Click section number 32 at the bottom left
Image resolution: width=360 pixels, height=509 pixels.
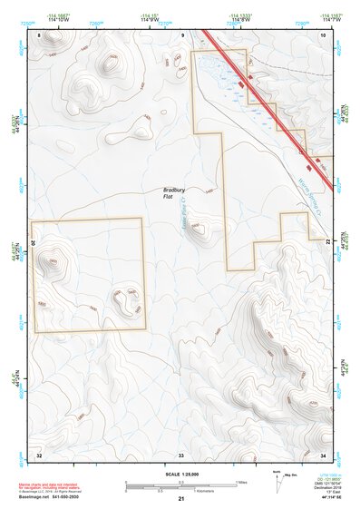point(39,453)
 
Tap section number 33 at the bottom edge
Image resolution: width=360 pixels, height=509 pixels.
point(181,453)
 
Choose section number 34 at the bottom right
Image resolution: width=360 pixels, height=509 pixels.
point(323,453)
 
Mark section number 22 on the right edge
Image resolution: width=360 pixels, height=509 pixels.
point(326,240)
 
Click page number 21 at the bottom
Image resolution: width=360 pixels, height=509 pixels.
point(181,500)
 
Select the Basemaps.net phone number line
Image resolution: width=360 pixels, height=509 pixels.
point(50,498)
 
